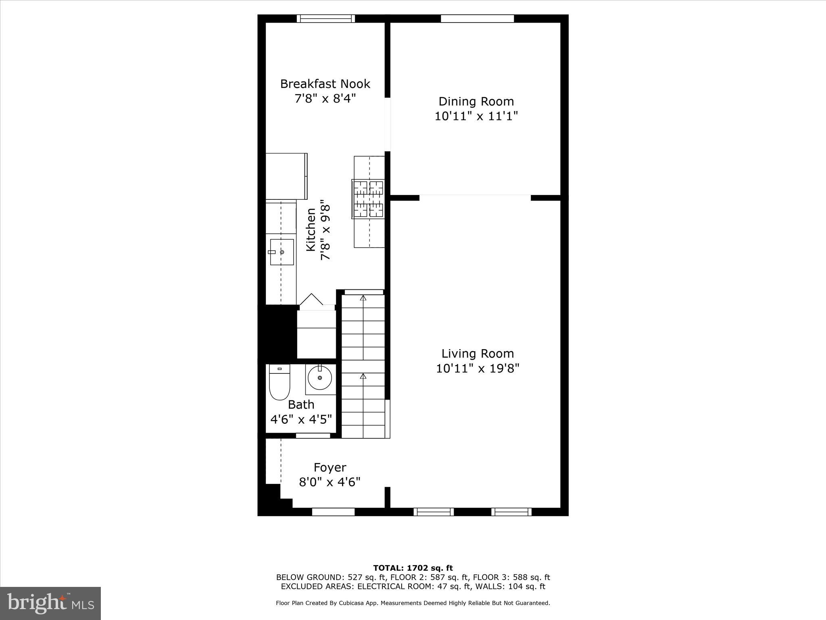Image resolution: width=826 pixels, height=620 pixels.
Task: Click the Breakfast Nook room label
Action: [x=325, y=84]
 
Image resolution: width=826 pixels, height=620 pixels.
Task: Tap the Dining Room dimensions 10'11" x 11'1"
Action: [x=476, y=116]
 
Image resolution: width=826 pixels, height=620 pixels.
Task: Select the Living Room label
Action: [x=478, y=354]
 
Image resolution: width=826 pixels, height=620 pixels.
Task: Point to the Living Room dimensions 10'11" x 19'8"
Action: [x=478, y=369]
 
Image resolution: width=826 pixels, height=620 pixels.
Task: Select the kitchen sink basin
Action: [x=282, y=252]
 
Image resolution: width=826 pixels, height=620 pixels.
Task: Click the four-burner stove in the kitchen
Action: [x=368, y=199]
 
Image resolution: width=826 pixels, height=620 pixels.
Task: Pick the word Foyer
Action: [x=330, y=467]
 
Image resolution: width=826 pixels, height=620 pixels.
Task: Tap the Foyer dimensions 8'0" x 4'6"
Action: [x=330, y=482]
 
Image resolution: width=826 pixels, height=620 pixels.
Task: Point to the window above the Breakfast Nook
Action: [x=326, y=19]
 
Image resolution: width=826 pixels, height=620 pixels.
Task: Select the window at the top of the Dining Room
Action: [x=477, y=19]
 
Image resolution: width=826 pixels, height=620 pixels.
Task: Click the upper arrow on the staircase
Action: [x=363, y=298]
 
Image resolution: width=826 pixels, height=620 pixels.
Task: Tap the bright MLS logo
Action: [x=50, y=603]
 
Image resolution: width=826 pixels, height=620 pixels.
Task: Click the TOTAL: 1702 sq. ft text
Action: [x=413, y=568]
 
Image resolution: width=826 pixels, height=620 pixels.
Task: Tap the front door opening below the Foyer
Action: [x=333, y=512]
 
